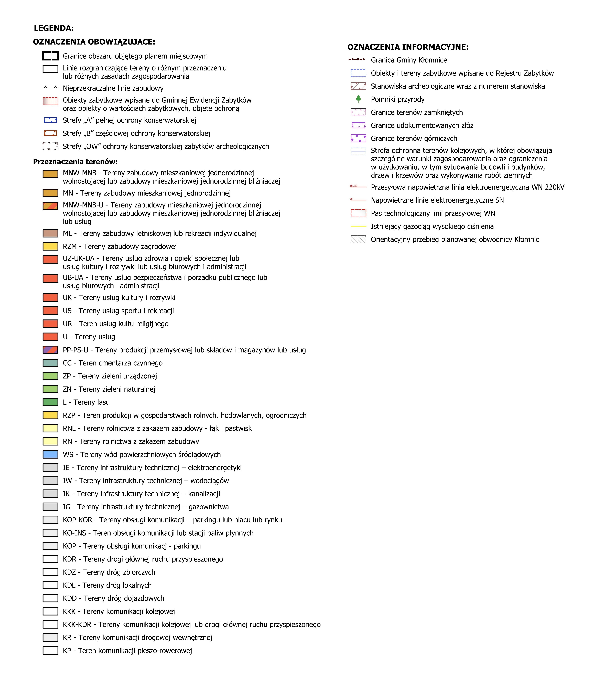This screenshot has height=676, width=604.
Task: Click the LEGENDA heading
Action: pos(54,28)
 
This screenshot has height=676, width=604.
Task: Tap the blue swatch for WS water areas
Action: pos(50,454)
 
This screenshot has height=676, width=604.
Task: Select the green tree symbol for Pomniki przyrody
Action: pos(358,99)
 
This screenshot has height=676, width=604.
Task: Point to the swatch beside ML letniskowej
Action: pos(50,233)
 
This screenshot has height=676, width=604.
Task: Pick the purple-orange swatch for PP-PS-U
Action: pos(50,350)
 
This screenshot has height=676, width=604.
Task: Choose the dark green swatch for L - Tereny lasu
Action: pos(50,402)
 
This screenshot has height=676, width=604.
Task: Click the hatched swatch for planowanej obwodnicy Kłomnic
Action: pos(358,239)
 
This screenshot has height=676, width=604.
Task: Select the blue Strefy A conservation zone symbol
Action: pos(50,120)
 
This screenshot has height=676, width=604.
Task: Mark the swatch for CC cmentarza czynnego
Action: pos(50,363)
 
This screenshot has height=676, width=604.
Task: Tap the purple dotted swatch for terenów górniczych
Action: pos(358,138)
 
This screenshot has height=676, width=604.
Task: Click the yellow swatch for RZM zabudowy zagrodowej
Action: pos(50,246)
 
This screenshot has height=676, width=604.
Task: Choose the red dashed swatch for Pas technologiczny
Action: pos(358,213)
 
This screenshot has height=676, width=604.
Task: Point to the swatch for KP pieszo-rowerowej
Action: pos(50,650)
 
